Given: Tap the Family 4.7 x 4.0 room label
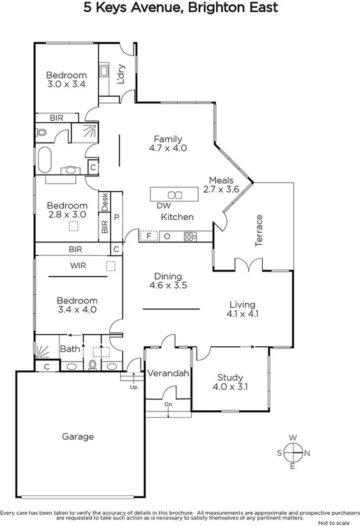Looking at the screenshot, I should coord(168,143).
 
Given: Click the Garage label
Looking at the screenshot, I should coord(78,436).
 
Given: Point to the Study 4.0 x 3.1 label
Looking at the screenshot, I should coord(230,382).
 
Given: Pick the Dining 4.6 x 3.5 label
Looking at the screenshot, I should coord(168,281).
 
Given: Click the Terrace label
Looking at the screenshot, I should coord(260,230).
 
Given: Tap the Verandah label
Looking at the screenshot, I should coord(168,373).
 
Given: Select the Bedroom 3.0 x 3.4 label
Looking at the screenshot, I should coord(66,79).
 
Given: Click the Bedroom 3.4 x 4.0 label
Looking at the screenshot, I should coord(77,305).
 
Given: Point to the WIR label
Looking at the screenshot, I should coord(79,265).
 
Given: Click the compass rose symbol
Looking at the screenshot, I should coord(293,452).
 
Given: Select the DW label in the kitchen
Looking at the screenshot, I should coord(163,205).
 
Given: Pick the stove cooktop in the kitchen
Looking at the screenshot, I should coord(190,236).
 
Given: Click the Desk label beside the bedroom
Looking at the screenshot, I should coord(105,202).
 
